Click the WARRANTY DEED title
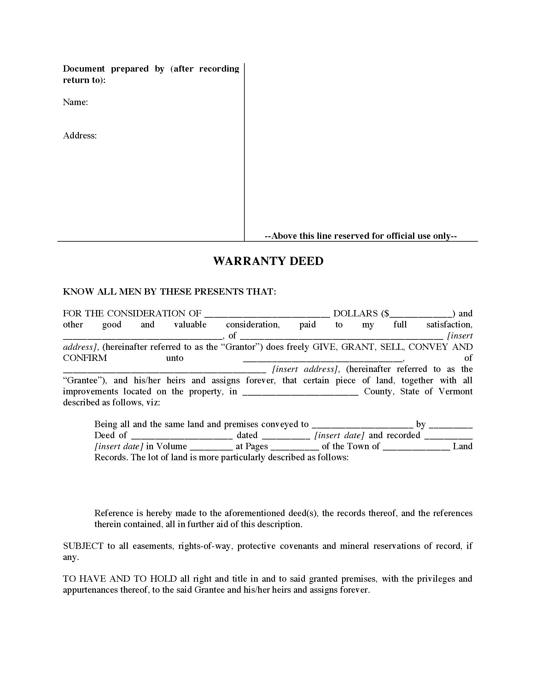pos(268,261)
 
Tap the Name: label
pos(75,102)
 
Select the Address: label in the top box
pos(80,136)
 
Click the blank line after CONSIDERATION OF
pos(267,315)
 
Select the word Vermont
pos(455,391)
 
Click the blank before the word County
pos(300,393)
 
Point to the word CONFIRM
pos(85,358)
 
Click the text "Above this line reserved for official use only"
pos(361,236)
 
